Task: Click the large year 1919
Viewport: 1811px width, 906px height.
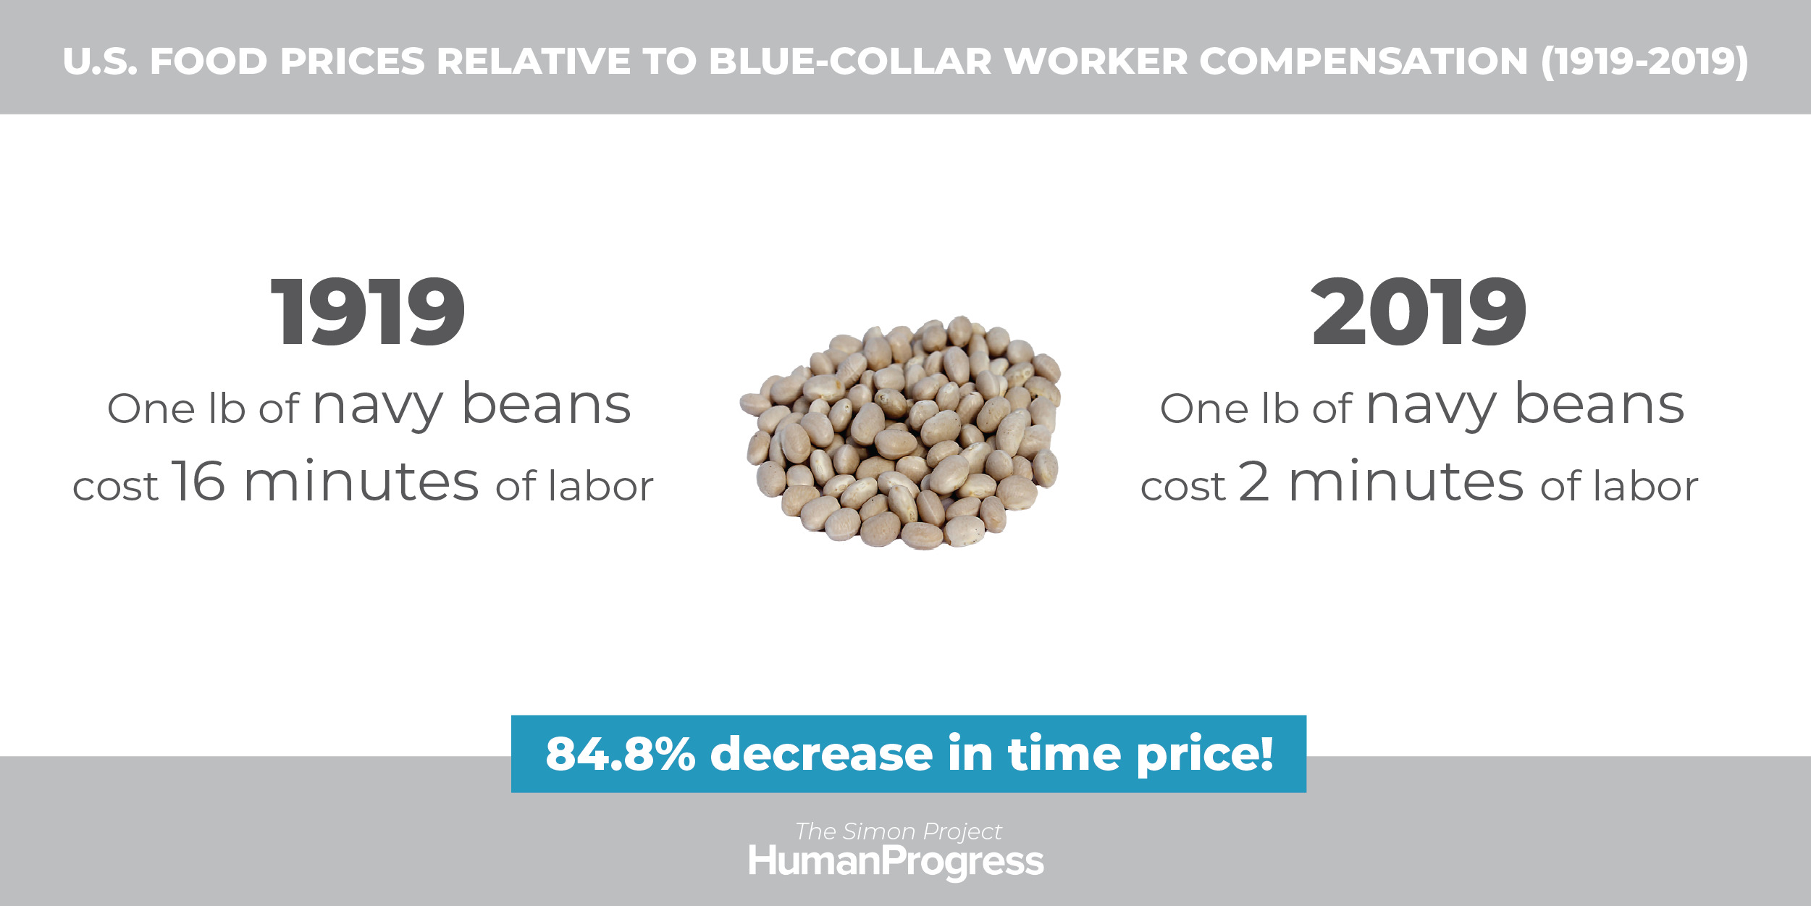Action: [368, 312]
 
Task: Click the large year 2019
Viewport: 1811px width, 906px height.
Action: [1419, 312]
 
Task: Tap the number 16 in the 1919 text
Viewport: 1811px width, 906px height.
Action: [198, 480]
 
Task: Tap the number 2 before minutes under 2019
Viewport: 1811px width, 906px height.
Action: [1253, 480]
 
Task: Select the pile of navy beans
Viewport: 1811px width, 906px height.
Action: [901, 432]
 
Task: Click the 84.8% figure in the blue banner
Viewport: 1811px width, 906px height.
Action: [621, 754]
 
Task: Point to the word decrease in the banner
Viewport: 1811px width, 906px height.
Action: [822, 754]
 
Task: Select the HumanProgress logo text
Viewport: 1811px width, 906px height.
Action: [896, 862]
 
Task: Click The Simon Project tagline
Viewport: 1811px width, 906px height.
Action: [899, 831]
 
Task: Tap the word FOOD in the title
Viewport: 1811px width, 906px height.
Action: [209, 62]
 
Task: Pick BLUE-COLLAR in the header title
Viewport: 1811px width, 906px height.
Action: [850, 62]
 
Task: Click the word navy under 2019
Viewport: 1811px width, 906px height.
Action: [1431, 408]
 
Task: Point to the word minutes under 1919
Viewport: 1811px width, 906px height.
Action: [362, 480]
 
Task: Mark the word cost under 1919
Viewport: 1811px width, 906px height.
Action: [115, 487]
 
